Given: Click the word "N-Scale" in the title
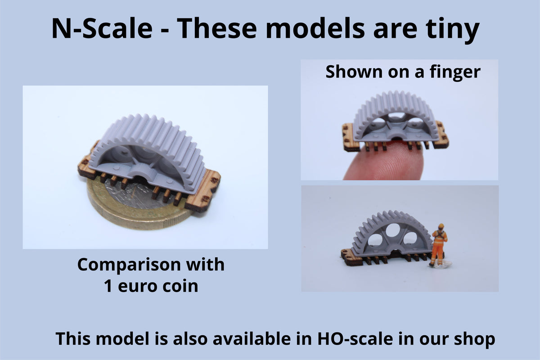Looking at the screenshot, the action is [x=102, y=28].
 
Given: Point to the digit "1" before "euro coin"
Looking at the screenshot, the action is [x=108, y=286].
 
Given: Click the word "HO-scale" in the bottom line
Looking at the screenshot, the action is [x=355, y=339].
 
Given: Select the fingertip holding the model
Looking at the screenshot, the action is [x=383, y=162].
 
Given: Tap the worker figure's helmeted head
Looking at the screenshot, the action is [x=441, y=227].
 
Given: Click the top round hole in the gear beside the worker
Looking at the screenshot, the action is [x=393, y=230].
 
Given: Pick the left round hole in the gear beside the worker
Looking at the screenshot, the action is [x=375, y=240].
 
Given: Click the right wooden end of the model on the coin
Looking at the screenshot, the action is [x=202, y=190].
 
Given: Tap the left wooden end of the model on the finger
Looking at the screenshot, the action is [x=349, y=137].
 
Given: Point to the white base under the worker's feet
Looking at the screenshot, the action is [x=441, y=265].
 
